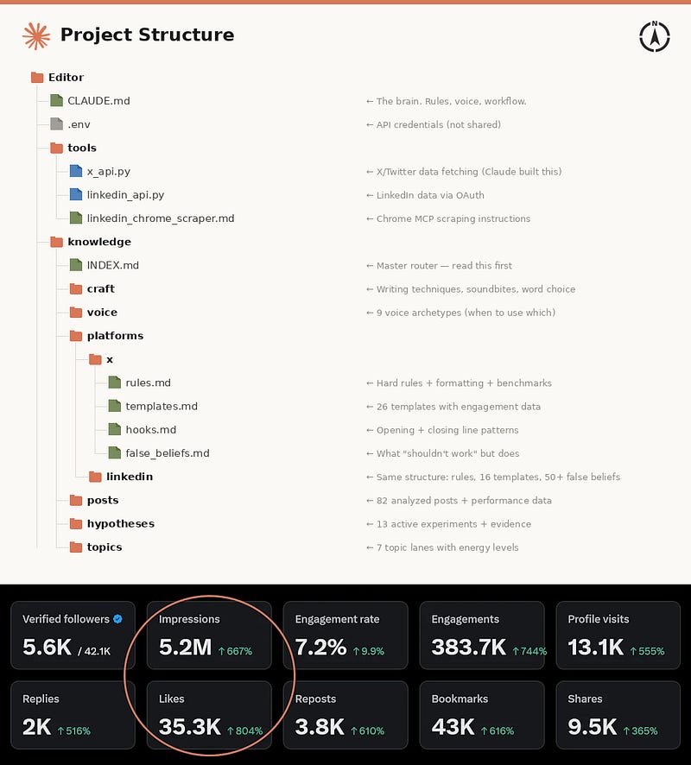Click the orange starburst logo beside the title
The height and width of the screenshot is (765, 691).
point(36,36)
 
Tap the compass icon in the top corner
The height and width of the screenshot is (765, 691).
point(655,36)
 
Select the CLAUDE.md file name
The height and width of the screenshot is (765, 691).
point(98,101)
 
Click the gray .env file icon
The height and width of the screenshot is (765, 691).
point(57,124)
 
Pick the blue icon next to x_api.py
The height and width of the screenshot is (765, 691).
point(76,171)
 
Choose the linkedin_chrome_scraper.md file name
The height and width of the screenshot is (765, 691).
point(161,218)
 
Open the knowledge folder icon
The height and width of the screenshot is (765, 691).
point(57,242)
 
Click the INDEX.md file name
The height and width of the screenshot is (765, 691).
point(113,265)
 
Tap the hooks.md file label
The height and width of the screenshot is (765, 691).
point(151,430)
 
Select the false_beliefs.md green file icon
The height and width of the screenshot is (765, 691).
point(115,452)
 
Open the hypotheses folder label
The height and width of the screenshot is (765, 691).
point(121,523)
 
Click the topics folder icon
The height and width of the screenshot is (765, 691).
point(76,547)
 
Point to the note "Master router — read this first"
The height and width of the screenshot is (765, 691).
point(444,266)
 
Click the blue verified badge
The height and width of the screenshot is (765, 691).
point(117,618)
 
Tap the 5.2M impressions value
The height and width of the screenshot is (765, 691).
point(185,647)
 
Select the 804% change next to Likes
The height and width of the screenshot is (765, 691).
point(245,730)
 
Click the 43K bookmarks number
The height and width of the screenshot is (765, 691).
point(453,727)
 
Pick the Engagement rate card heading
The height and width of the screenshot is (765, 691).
point(337,619)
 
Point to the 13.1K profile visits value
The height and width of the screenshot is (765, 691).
point(596,647)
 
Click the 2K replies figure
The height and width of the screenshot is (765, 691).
point(36,727)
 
